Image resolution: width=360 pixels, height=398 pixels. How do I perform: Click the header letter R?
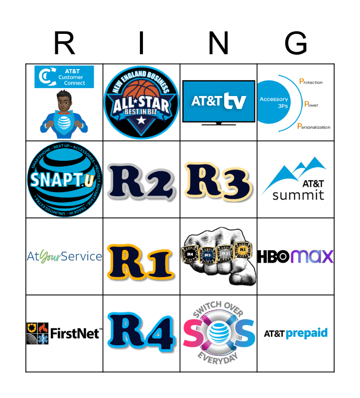pos(64,44)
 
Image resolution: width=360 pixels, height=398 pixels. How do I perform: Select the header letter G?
pos(296,44)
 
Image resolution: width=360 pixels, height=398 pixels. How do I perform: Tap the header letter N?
pos(219,44)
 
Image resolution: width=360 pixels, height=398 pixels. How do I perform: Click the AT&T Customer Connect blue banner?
pos(64,77)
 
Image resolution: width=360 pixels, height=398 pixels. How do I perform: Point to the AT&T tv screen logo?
pos(219,101)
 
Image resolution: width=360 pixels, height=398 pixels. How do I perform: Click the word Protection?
pos(310,82)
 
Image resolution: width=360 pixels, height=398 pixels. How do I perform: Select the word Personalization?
pos(314,127)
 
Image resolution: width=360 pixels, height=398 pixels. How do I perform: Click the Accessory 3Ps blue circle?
pos(273,102)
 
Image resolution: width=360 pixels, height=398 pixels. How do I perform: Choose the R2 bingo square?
pos(141,180)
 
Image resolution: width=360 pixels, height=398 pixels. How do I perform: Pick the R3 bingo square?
pos(219,180)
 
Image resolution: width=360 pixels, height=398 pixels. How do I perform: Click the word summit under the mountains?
pos(298,195)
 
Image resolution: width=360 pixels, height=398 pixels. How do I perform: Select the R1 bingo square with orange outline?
pos(141,257)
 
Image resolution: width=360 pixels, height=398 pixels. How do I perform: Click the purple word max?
pos(312,257)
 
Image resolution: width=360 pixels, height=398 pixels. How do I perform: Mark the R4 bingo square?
pos(141,333)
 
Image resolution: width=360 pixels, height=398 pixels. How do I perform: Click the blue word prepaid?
pos(306,333)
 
